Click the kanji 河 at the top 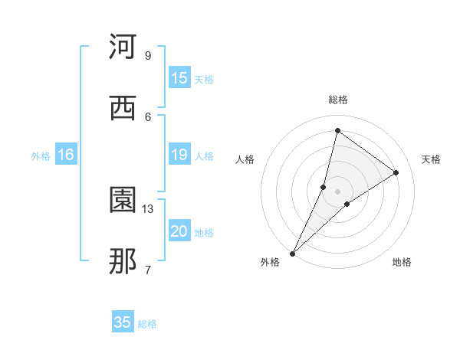(123, 47)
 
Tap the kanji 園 (123, 201)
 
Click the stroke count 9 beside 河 (147, 55)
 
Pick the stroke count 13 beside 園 (148, 208)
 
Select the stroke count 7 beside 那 (147, 270)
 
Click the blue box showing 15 (179, 78)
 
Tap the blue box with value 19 (179, 155)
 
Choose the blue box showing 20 (179, 231)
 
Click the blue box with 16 (66, 155)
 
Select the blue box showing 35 (123, 322)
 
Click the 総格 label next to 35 (148, 324)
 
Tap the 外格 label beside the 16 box (41, 156)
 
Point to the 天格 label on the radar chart (431, 159)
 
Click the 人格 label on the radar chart (245, 159)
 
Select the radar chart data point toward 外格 (292, 253)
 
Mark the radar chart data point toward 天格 (396, 172)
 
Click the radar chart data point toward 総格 (337, 130)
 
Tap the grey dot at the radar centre (337, 191)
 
